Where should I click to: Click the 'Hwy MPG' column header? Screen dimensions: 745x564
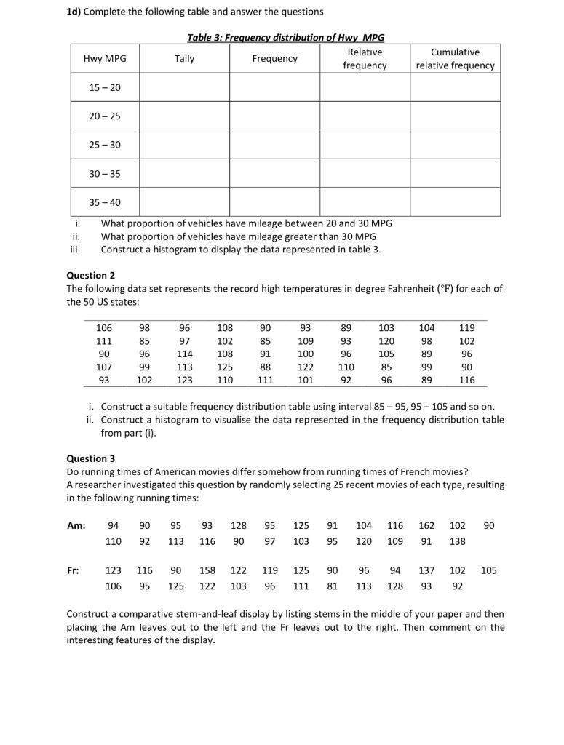coord(104,59)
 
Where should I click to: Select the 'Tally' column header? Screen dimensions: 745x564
coord(184,59)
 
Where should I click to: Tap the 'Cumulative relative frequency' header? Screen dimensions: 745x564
coord(455,59)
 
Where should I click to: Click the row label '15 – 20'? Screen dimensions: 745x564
coord(104,87)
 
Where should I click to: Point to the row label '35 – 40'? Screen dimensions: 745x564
coord(104,202)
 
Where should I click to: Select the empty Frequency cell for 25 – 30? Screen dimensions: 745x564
coord(274,145)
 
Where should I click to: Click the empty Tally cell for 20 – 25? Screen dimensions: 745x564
coord(184,116)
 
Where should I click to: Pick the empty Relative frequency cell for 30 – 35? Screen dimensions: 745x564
coord(365,173)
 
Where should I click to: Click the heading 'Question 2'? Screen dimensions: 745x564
coord(91,276)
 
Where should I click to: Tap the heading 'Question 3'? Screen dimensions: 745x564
coord(91,459)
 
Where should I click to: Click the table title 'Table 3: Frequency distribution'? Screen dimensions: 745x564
coord(285,38)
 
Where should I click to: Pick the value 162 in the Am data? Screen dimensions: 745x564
coord(426,525)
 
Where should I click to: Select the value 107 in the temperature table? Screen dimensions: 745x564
coord(104,367)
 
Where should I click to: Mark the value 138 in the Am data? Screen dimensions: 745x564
coord(456,541)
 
